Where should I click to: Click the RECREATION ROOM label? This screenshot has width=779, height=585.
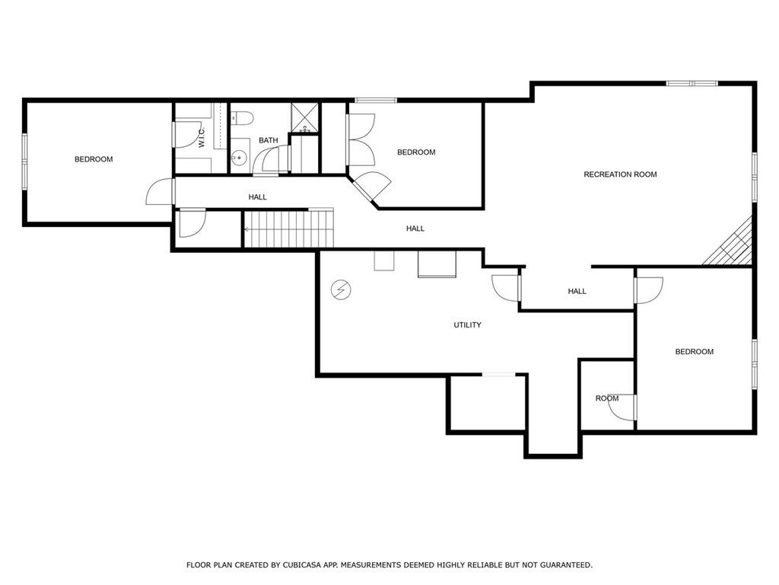(620, 174)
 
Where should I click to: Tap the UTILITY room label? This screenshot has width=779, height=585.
(468, 325)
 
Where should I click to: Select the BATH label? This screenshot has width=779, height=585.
(269, 141)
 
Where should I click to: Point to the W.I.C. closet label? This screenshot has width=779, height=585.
(202, 137)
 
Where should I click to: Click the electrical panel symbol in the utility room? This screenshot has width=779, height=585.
(342, 289)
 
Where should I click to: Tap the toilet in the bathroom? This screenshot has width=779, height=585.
(243, 118)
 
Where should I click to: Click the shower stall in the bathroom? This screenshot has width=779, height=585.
(304, 118)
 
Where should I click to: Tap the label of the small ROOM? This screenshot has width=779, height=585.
(607, 398)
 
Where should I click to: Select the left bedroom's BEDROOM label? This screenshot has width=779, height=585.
(94, 160)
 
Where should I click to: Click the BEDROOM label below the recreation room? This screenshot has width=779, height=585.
(694, 352)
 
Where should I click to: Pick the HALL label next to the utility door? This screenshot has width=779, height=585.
(577, 292)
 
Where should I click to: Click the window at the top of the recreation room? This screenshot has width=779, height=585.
(692, 84)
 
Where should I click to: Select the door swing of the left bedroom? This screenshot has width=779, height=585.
(160, 191)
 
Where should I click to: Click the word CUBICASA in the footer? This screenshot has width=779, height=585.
(300, 565)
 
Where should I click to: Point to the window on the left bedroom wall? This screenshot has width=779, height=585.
(24, 161)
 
